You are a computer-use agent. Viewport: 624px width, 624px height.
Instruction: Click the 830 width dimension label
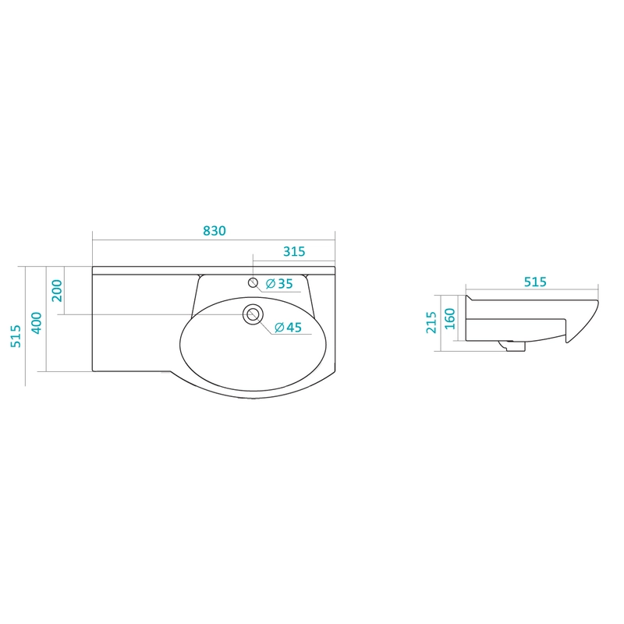tap(214, 231)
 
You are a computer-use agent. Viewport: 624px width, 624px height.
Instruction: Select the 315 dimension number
tap(294, 251)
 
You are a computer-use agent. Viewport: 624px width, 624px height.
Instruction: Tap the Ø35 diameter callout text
tap(279, 284)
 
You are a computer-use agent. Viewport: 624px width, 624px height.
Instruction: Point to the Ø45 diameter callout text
tap(289, 327)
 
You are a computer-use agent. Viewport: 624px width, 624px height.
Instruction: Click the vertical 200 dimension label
tap(57, 290)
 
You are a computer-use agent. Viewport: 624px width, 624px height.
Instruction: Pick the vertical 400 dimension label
tap(37, 323)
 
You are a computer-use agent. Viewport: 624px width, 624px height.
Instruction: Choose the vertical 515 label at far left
tap(16, 336)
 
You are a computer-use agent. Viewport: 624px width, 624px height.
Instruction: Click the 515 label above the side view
tap(535, 282)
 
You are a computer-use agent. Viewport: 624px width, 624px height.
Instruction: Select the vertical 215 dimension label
tap(431, 322)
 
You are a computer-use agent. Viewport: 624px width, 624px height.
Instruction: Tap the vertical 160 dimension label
tap(450, 318)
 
